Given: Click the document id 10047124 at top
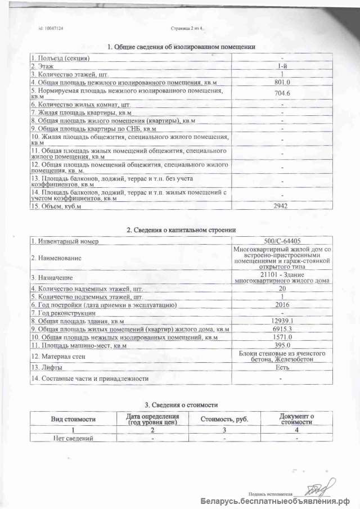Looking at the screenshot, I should [51, 28].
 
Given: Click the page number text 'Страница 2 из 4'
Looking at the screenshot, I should [186, 28].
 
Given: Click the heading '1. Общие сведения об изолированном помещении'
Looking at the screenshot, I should [181, 47].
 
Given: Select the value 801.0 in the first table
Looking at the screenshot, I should [281, 82].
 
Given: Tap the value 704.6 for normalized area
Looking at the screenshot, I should [281, 93].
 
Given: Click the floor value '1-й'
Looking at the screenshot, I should [281, 66].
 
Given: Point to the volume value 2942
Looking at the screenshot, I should [281, 206].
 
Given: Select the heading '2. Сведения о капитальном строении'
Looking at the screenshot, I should [181, 229].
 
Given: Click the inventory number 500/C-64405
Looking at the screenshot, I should [281, 241].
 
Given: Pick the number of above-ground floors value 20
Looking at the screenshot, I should [281, 289].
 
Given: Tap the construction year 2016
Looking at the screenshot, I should [281, 304].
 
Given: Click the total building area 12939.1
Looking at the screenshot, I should [281, 321].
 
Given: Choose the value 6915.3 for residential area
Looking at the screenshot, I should [281, 328].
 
